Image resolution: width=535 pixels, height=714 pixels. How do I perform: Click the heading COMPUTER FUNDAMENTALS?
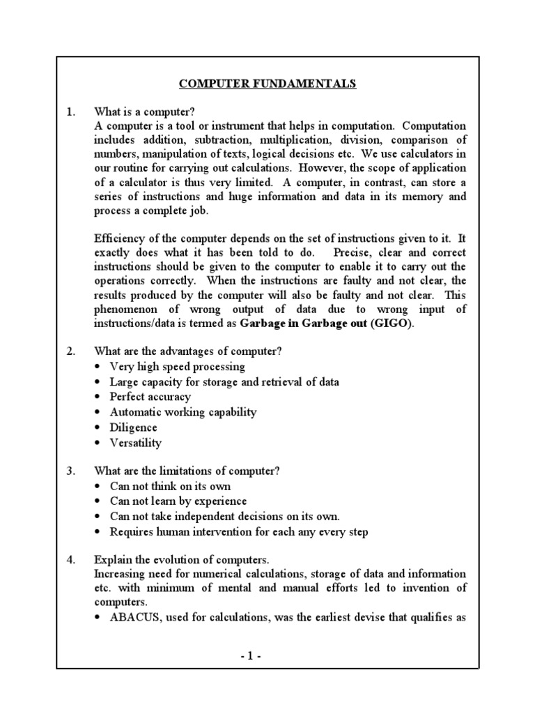(267, 84)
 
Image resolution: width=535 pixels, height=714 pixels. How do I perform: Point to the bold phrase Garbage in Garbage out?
(303, 324)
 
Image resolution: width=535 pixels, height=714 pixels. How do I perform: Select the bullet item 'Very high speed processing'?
(178, 366)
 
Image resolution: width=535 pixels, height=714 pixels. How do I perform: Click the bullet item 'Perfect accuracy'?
(150, 397)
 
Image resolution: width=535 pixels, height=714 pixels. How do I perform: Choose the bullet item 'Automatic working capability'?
(183, 412)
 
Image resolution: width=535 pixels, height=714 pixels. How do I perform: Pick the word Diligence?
(134, 427)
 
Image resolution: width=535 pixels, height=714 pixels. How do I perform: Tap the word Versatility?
(136, 443)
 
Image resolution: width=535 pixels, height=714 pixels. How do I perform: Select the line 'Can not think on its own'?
(170, 486)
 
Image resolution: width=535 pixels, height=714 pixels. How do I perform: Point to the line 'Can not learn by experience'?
(178, 501)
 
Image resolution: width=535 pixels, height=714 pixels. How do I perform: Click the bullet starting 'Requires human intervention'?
(239, 532)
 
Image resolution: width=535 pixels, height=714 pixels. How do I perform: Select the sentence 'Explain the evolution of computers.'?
(180, 560)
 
